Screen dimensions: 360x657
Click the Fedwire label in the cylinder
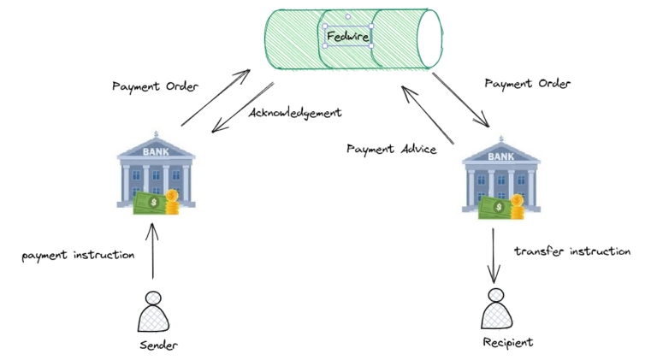click(347, 36)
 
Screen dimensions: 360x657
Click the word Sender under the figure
click(157, 345)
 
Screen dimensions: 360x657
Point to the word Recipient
click(506, 342)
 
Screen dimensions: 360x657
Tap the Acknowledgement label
click(295, 112)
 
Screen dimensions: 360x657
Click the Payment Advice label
click(391, 149)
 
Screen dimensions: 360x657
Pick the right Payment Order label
click(527, 84)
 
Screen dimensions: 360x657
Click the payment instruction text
click(79, 255)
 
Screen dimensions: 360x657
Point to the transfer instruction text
click(572, 251)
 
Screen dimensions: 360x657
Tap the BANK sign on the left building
click(155, 150)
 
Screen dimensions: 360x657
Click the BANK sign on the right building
click(500, 157)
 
